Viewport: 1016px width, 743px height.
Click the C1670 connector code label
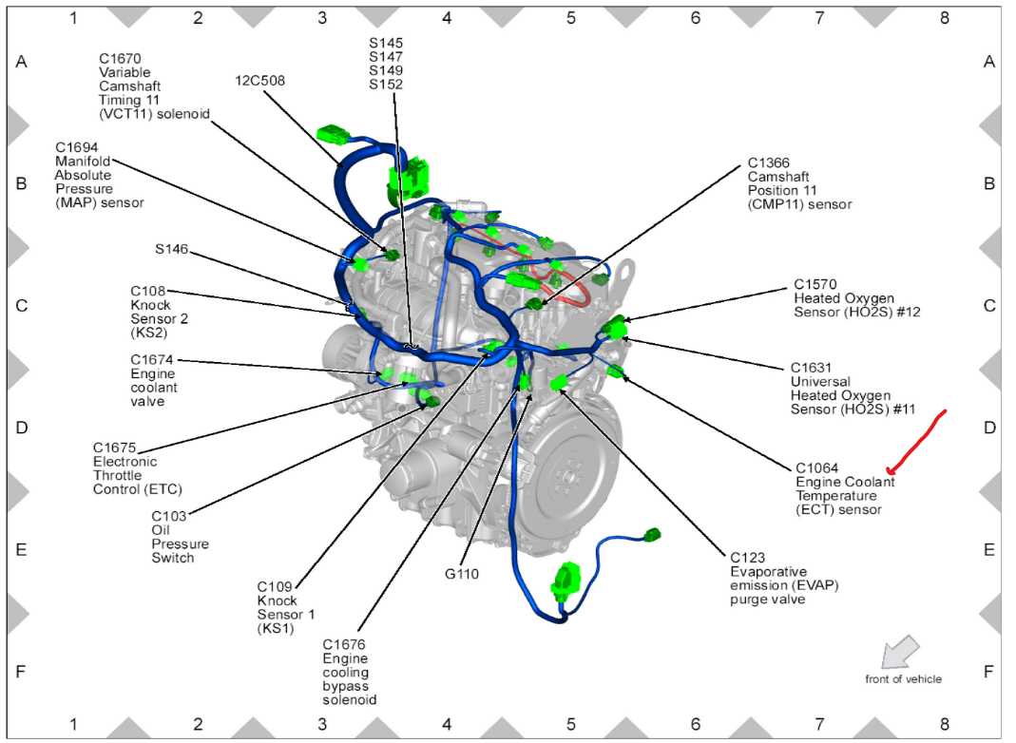(x=119, y=58)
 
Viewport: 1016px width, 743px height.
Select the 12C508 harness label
(x=259, y=81)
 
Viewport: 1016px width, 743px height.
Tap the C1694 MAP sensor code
(x=75, y=147)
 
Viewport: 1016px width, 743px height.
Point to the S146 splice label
(x=172, y=250)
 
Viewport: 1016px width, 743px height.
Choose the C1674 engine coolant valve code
(x=152, y=360)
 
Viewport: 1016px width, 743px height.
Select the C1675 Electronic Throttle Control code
(x=114, y=448)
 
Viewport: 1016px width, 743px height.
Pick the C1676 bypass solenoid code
(x=343, y=644)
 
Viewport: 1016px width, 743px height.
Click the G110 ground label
(x=462, y=574)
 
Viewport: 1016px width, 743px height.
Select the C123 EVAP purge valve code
(x=747, y=558)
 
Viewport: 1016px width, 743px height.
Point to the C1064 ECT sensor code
(x=816, y=467)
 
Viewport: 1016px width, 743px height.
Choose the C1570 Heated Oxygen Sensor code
(x=815, y=284)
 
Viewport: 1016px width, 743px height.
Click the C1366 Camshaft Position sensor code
(x=769, y=162)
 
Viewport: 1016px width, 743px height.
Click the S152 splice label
(x=386, y=84)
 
